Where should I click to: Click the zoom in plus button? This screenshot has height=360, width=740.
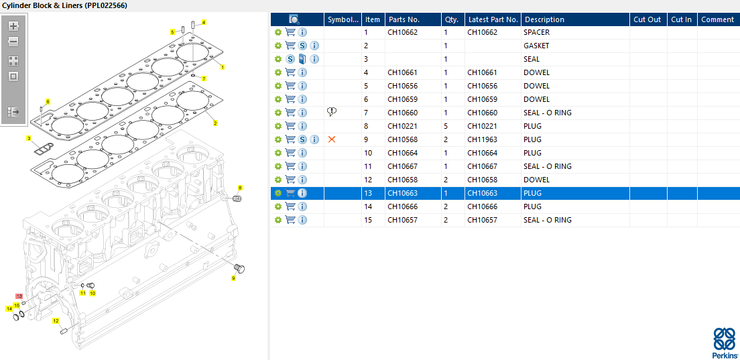pos(13,26)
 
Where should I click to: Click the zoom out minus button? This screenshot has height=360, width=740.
pos(13,42)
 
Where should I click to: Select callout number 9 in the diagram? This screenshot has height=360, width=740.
pos(233,278)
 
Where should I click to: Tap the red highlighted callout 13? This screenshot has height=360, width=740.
pos(19,296)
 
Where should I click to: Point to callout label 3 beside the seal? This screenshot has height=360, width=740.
pos(29,138)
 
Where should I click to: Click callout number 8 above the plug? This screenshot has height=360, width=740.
pos(240,188)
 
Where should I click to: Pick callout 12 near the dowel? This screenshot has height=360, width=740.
pos(56,321)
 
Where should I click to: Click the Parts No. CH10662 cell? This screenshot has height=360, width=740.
pos(402,33)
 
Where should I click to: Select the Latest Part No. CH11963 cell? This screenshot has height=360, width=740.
pos(482,139)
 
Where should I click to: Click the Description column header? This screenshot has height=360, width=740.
pos(545,19)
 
